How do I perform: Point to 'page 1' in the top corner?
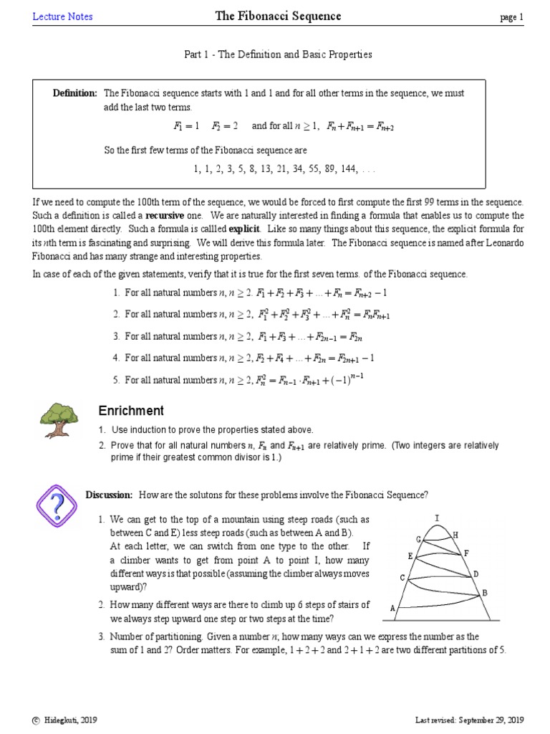coord(512,18)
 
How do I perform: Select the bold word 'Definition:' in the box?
coord(75,93)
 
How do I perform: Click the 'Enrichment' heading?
coord(131,411)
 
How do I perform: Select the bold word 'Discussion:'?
coord(109,495)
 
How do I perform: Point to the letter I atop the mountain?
coord(437,518)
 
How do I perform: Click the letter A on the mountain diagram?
coord(392,608)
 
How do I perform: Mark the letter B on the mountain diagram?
coord(484,593)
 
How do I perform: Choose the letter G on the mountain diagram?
coord(418,539)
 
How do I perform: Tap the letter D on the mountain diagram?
coord(475,574)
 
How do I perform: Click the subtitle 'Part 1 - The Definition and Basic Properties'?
coord(274,54)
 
